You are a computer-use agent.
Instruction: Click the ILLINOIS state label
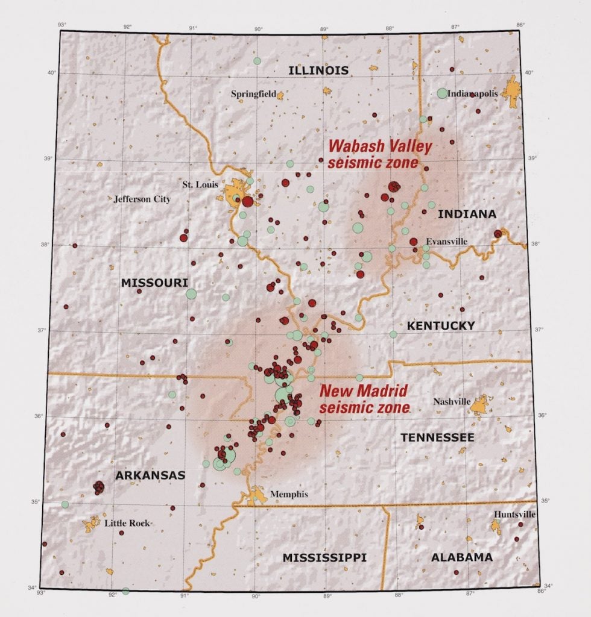coord(318,70)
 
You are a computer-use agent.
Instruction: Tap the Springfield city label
coord(253,94)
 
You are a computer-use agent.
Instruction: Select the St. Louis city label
coord(200,184)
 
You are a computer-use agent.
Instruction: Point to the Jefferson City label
coord(142,199)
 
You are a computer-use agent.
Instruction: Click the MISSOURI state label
coord(154,283)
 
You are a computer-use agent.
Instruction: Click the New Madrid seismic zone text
coord(364,398)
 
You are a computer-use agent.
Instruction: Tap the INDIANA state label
coord(467,214)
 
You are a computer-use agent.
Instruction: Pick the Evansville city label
coord(447,241)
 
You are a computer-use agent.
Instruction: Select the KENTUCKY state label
coord(441,326)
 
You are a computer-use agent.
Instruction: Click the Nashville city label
coord(452,402)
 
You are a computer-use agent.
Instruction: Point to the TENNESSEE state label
coord(437,437)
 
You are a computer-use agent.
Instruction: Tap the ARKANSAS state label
coord(150,475)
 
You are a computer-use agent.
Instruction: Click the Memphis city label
coord(289,495)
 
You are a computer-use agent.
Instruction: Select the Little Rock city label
coord(127,523)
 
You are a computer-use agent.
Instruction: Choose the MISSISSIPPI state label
coord(324,558)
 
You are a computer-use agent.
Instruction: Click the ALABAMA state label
coord(461,557)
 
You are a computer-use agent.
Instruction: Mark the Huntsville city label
coord(514,515)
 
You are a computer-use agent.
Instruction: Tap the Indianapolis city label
coord(477,94)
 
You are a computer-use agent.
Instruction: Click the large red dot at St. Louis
coord(247,201)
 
